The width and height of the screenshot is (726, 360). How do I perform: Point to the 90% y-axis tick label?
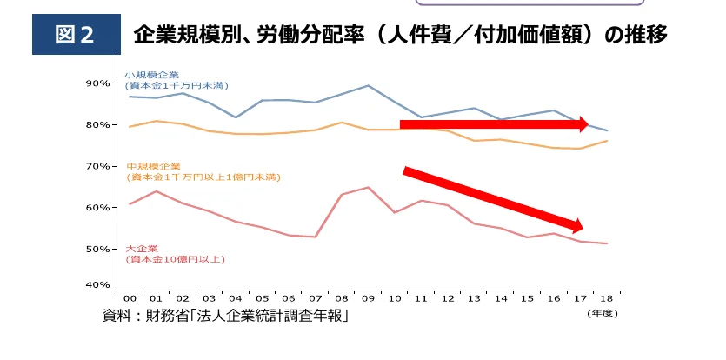click(x=97, y=83)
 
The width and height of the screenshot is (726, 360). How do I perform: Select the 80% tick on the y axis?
click(x=97, y=125)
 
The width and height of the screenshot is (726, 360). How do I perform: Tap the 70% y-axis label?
click(x=97, y=166)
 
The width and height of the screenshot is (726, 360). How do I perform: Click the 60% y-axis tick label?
click(x=97, y=208)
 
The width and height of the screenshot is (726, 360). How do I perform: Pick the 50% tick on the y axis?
click(x=97, y=250)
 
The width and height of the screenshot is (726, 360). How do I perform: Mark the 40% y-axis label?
click(x=97, y=285)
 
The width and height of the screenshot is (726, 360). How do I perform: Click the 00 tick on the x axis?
click(x=130, y=298)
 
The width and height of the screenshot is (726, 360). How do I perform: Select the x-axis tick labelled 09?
click(x=368, y=298)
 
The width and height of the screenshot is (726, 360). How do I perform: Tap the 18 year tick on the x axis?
click(x=606, y=298)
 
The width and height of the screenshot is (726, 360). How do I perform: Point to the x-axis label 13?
click(x=474, y=298)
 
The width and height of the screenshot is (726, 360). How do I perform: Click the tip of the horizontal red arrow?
click(x=589, y=124)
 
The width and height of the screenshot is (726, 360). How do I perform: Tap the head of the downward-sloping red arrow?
click(x=581, y=228)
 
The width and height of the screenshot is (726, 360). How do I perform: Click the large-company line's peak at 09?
click(x=368, y=187)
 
